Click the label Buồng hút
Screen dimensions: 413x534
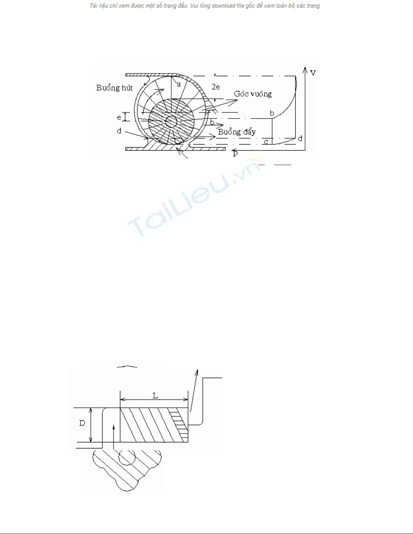114,88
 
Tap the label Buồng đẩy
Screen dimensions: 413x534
237,132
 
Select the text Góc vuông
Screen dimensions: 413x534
253,94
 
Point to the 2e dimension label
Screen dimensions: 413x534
215,87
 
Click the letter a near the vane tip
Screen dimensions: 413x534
179,84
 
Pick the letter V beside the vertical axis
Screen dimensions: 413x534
313,73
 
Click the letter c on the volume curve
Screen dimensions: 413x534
266,142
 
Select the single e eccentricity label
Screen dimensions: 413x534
119,118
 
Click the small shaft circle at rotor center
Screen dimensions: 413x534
171,122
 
